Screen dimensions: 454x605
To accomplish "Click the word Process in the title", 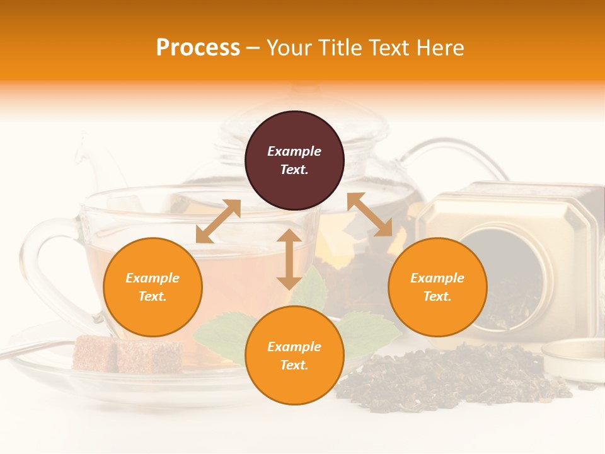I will click(198, 48).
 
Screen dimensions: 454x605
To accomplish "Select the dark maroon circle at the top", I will click(294, 161).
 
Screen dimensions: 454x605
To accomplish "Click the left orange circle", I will click(153, 287).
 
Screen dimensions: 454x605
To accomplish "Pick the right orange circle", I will click(437, 287).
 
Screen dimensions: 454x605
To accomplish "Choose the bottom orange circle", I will click(294, 356).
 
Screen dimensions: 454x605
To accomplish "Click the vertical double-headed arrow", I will click(289, 259).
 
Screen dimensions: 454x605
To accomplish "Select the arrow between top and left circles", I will click(218, 221).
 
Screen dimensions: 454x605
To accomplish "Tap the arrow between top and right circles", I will click(369, 214).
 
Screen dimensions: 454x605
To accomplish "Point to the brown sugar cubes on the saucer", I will click(126, 354).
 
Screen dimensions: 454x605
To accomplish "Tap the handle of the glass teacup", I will click(47, 265).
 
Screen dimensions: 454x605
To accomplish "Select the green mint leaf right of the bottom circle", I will click(372, 331).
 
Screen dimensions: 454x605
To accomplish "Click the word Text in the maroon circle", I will click(294, 170).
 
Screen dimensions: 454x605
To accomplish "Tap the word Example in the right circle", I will click(437, 278).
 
